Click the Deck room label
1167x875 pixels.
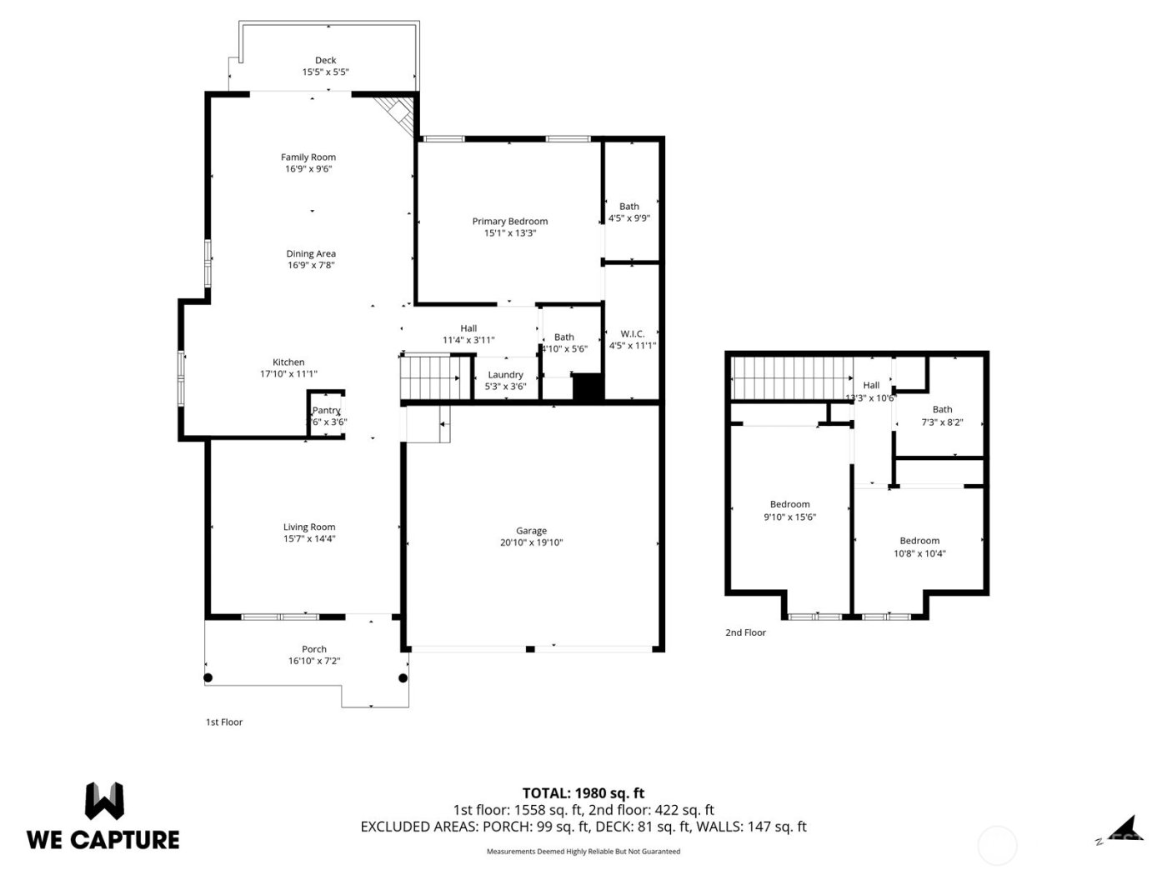(325, 60)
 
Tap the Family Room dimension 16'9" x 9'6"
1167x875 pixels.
(308, 169)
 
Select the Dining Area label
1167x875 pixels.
(311, 253)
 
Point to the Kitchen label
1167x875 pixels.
(288, 362)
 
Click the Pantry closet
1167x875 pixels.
(326, 413)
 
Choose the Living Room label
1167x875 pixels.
(309, 527)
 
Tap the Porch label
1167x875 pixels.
(314, 649)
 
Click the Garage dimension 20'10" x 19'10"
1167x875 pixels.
(531, 542)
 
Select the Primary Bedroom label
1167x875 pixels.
(510, 221)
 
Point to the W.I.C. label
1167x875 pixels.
(633, 333)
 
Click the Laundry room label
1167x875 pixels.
(505, 375)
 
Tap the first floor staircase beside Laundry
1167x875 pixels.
(430, 378)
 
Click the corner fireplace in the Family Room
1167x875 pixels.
(395, 113)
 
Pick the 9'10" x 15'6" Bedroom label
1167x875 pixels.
(789, 504)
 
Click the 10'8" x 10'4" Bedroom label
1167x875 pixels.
(919, 541)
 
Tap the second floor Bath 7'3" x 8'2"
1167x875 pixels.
(942, 415)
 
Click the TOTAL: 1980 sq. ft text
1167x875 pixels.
(583, 793)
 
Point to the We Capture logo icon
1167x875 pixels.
(104, 801)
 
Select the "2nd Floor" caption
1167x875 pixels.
(745, 632)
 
